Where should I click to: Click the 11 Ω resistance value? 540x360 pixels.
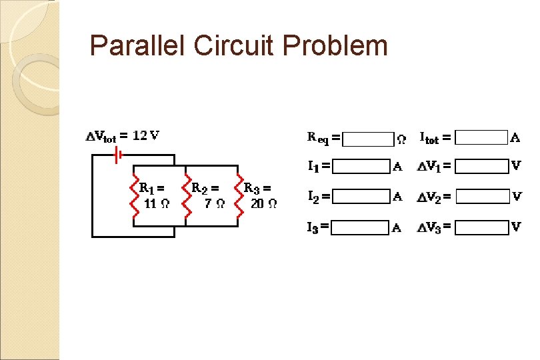(x=154, y=204)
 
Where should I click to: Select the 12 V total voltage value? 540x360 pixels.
(x=145, y=135)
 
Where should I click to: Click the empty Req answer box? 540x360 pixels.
(x=368, y=139)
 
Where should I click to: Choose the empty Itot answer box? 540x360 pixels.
(x=483, y=138)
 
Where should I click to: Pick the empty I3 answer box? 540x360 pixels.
(x=360, y=227)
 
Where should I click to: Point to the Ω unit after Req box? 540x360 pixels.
(x=401, y=139)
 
